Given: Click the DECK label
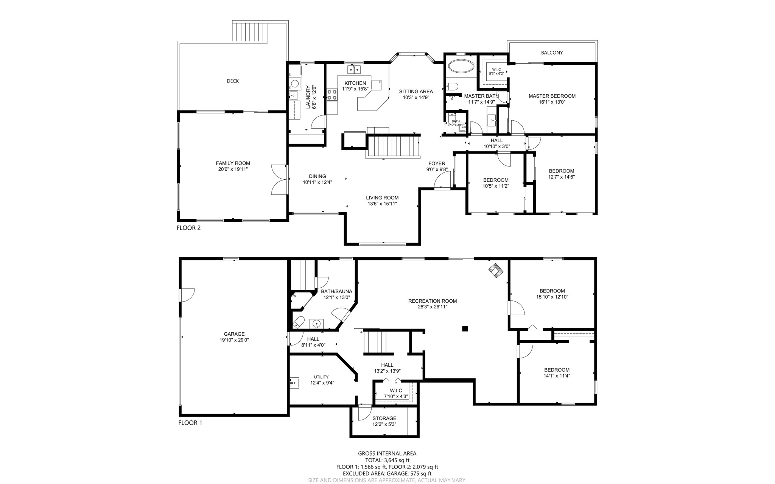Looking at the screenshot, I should coord(232,81).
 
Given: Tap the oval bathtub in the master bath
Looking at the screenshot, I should coord(461,67).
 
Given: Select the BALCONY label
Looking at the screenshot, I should coord(552,53).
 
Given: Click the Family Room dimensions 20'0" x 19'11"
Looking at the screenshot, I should coord(233,169).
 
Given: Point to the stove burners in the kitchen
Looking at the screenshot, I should coord(332,95).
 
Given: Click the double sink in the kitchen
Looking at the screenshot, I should coord(354,70).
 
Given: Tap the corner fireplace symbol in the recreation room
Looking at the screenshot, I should coord(496,271).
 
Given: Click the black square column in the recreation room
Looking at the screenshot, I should coord(465,328).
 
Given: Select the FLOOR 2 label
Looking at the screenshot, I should coord(188,228).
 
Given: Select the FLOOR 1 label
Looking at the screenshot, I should coord(190,423).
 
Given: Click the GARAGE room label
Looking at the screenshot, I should coord(234,334).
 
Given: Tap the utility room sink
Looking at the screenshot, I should coord(294,383).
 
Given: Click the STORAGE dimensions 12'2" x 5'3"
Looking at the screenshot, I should coord(384,424).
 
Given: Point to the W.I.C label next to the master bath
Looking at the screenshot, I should coord(496,70).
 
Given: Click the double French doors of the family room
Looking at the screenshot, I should coord(279,180).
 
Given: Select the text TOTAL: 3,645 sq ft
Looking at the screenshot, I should coord(387,460).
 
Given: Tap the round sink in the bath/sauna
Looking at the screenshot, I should coord(316,324).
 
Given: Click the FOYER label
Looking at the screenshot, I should coord(437,163).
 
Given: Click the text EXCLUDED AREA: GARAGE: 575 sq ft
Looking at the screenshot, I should coord(387,473).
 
